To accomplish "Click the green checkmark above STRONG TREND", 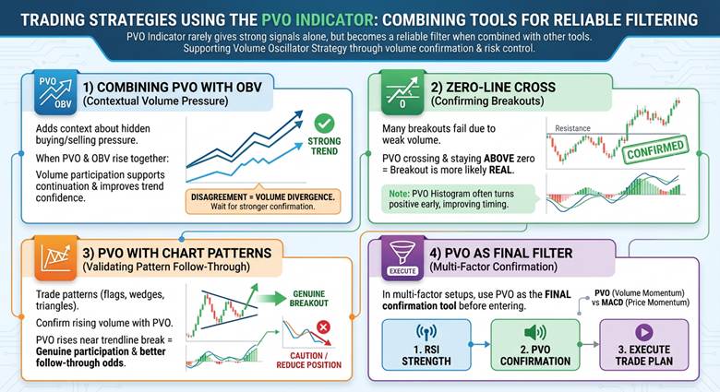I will tap(324, 123).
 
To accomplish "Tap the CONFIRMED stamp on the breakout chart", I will tap(654, 148).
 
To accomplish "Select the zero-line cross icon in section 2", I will tap(401, 92).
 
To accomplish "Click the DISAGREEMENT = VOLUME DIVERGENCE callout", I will tap(264, 200).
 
